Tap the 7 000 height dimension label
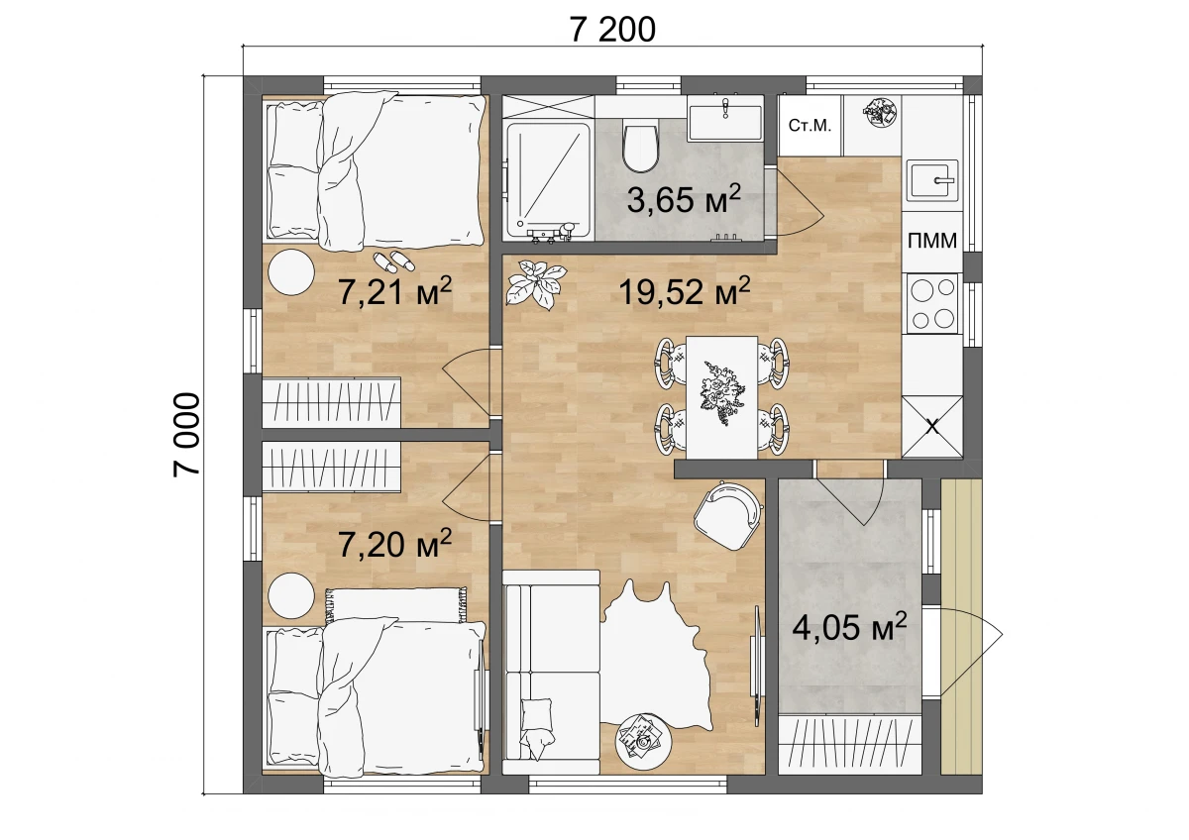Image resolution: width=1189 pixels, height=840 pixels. (x=187, y=435)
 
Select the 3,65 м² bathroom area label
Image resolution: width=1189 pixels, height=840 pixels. (x=683, y=199)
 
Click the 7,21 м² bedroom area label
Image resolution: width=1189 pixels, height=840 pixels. (x=395, y=291)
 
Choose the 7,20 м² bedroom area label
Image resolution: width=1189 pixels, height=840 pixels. (x=395, y=543)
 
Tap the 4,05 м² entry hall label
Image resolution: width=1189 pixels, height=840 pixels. (x=849, y=627)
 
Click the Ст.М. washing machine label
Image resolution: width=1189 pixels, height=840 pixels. (x=810, y=126)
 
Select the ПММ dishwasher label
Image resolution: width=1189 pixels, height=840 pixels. (x=932, y=241)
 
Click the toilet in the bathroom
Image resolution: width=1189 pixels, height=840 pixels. (x=641, y=149)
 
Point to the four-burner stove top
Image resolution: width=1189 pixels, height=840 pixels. (x=932, y=303)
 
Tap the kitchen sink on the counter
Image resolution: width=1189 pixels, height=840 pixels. (x=932, y=180)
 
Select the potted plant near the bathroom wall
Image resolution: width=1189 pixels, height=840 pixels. (x=535, y=284)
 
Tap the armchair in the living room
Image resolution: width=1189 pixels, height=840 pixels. (x=727, y=515)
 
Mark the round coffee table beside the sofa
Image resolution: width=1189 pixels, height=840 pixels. (x=644, y=741)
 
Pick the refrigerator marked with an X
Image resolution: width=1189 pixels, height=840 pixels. (x=932, y=427)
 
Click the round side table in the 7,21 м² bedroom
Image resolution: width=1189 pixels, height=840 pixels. (x=291, y=272)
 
